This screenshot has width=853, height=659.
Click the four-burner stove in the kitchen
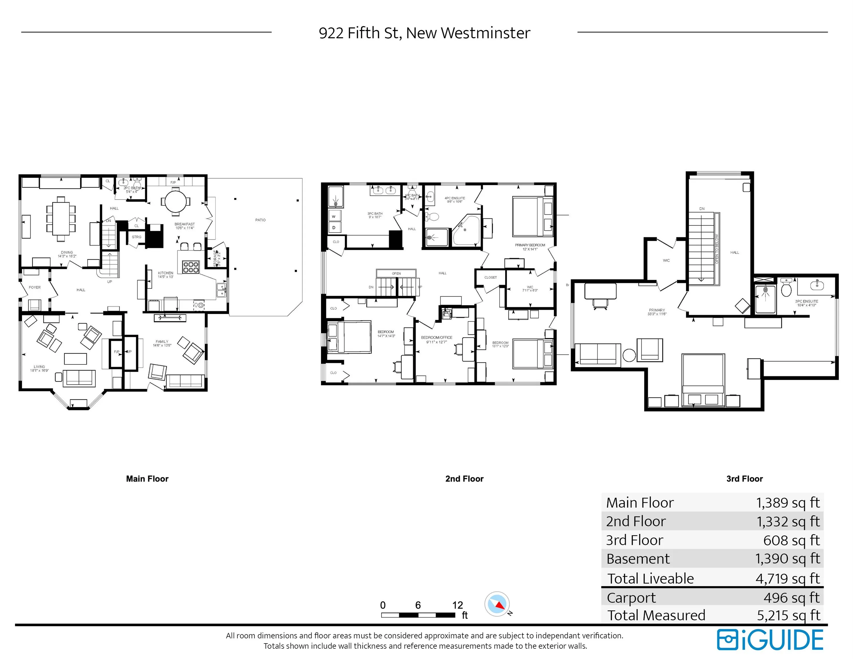tap(191, 267)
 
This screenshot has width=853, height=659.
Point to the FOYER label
tap(35, 287)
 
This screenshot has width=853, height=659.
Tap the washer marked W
tap(334, 216)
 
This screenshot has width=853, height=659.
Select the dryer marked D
tap(334, 227)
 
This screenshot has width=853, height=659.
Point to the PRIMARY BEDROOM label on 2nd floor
tap(530, 245)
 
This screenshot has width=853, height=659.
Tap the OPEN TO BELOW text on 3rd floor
tap(717, 249)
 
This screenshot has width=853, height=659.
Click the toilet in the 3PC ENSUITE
tap(786, 289)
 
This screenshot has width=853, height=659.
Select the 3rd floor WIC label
tap(666, 260)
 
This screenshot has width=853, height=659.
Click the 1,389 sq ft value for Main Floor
tap(788, 503)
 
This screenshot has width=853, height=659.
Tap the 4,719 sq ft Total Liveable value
tap(787, 579)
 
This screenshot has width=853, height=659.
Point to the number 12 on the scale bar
tap(457, 605)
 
